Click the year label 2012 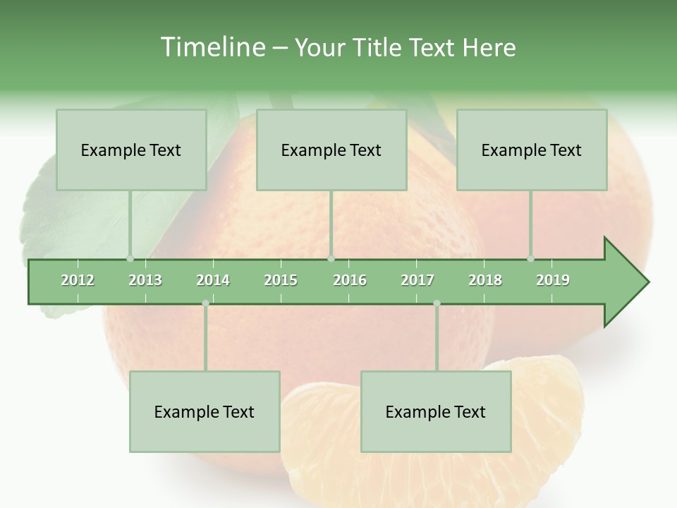click(x=78, y=280)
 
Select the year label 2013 click(x=145, y=280)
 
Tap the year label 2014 click(x=213, y=280)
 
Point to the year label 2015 click(x=281, y=280)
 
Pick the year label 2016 click(x=350, y=280)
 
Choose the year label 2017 click(x=417, y=280)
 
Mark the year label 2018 click(x=485, y=280)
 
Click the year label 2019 click(x=553, y=280)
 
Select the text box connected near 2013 click(x=131, y=150)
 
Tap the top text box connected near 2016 click(x=331, y=150)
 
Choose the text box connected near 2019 click(x=532, y=150)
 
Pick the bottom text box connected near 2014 click(x=205, y=411)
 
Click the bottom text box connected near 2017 click(x=436, y=411)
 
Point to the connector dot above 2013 click(x=130, y=259)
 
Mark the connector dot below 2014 click(x=205, y=303)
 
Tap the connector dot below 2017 click(x=437, y=303)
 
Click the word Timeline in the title click(x=212, y=47)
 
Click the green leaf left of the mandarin click(x=63, y=219)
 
